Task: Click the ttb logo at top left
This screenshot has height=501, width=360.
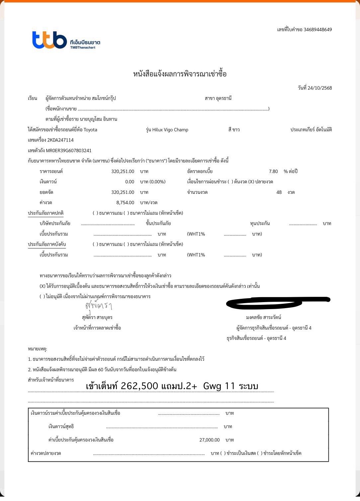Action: click(49, 40)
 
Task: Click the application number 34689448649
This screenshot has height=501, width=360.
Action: click(317, 30)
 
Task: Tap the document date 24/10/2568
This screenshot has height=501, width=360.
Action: click(319, 88)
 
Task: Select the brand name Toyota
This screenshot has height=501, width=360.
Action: click(90, 130)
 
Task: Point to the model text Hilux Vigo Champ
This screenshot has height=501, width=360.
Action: click(170, 130)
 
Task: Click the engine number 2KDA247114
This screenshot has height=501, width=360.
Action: click(60, 140)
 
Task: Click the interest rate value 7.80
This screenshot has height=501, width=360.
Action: click(273, 172)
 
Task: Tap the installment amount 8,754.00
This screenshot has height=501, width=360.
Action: click(125, 203)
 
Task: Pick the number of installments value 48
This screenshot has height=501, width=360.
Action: click(279, 192)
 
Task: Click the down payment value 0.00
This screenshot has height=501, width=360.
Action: click(130, 182)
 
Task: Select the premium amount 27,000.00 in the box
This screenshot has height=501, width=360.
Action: click(210, 440)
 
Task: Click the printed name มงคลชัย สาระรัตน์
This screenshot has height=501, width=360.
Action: click(264, 317)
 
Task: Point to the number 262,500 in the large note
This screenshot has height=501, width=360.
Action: click(139, 386)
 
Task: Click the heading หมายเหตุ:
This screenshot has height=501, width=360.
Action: click(38, 349)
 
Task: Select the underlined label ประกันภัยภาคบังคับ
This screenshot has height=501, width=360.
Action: click(47, 245)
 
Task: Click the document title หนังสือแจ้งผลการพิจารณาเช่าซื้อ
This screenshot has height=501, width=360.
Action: click(180, 74)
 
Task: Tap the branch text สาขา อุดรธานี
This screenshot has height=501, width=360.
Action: click(218, 99)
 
